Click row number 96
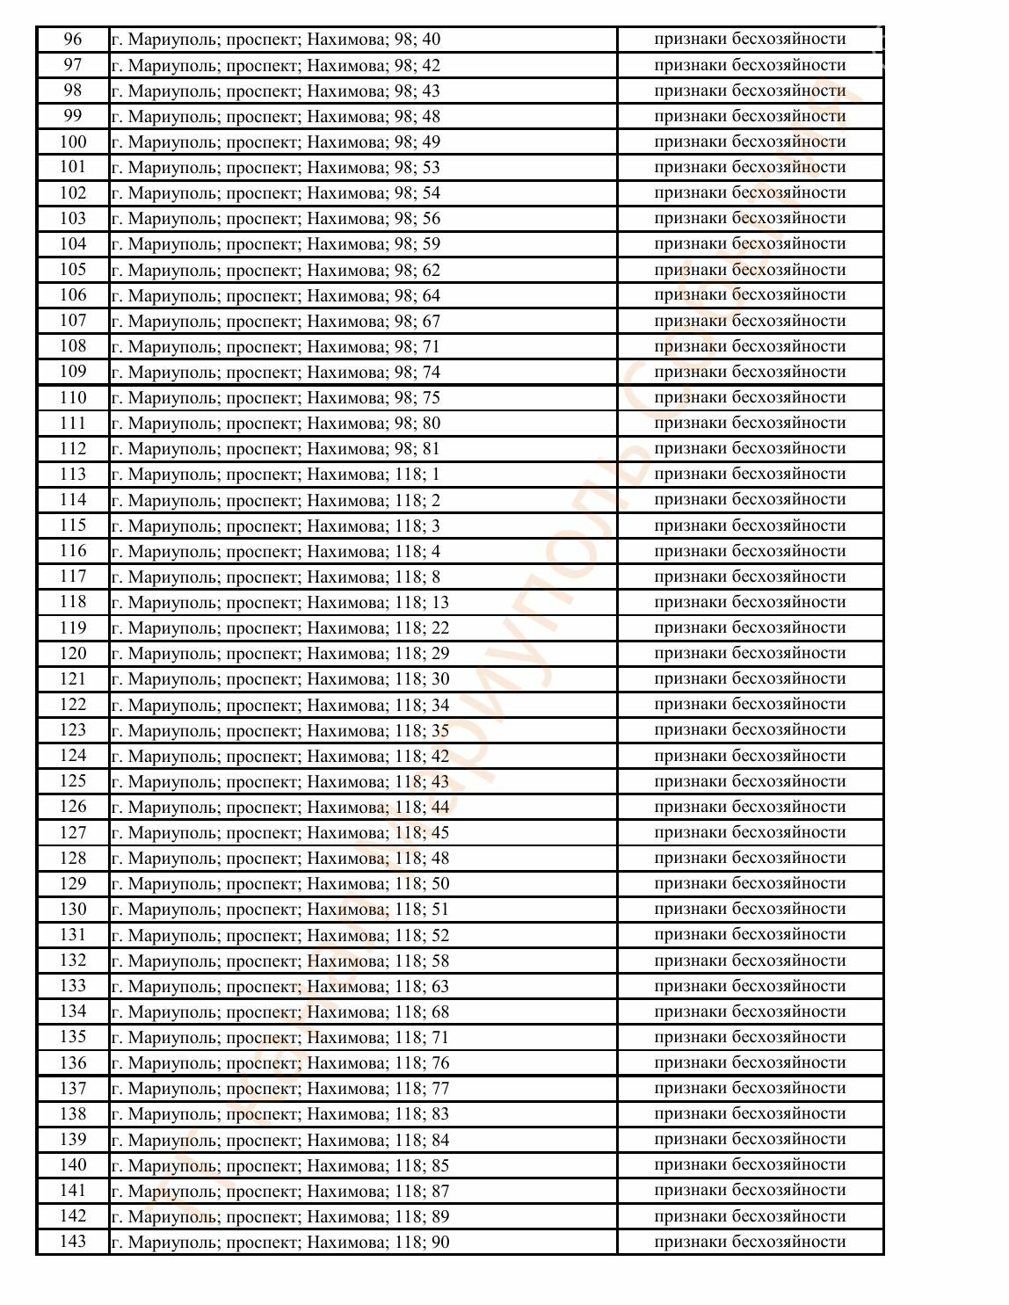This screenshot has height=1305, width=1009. (x=73, y=40)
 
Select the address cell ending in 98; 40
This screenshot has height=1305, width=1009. (x=276, y=40)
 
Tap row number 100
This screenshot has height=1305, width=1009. (x=73, y=141)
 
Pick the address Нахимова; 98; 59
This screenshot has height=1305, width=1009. (x=276, y=244)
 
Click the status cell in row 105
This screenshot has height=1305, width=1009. (x=750, y=270)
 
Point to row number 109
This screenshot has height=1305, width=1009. (x=73, y=372)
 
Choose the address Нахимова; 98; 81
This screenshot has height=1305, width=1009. (x=276, y=449)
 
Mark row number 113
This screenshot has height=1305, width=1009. (x=73, y=475)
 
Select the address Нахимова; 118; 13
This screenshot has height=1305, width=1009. (x=280, y=602)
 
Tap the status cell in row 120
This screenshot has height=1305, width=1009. (x=750, y=653)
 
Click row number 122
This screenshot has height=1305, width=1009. (x=73, y=705)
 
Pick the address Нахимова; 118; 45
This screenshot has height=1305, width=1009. (x=280, y=832)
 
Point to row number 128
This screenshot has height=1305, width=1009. (x=73, y=858)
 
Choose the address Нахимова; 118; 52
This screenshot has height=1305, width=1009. (x=280, y=935)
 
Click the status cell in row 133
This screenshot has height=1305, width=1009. (x=750, y=986)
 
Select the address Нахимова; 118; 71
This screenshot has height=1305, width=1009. (x=280, y=1037)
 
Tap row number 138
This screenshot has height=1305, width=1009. (x=73, y=1114)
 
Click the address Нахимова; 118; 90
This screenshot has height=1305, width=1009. (x=280, y=1242)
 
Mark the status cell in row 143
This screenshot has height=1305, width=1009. (x=750, y=1242)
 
